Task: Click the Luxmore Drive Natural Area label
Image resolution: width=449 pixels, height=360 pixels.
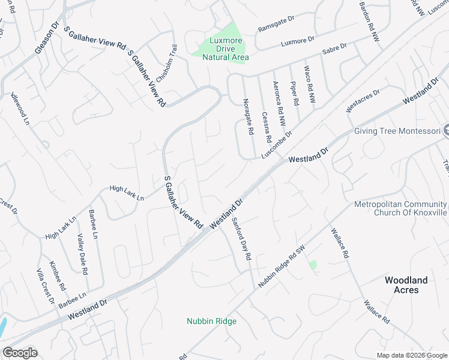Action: pyautogui.click(x=225, y=49)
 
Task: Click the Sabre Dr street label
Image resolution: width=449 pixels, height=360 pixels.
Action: pyautogui.click(x=335, y=49)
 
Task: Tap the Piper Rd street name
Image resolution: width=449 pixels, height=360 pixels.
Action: pyautogui.click(x=294, y=94)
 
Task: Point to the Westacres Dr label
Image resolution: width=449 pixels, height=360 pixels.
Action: pyautogui.click(x=363, y=101)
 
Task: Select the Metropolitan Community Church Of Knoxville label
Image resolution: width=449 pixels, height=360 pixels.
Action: pyautogui.click(x=402, y=208)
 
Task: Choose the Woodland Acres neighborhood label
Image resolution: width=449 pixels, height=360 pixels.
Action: pyautogui.click(x=406, y=285)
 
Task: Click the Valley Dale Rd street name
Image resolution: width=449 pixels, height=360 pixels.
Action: pyautogui.click(x=82, y=254)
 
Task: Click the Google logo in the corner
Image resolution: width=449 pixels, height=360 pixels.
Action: pyautogui.click(x=20, y=353)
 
